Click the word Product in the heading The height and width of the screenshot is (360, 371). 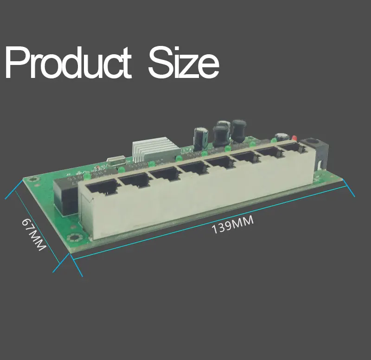pos(68,63)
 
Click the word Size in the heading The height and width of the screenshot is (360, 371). pos(184,63)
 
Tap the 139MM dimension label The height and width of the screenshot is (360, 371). pos(233,225)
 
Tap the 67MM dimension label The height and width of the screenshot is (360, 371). pos(33,234)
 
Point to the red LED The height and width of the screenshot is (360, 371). pos(294,138)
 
